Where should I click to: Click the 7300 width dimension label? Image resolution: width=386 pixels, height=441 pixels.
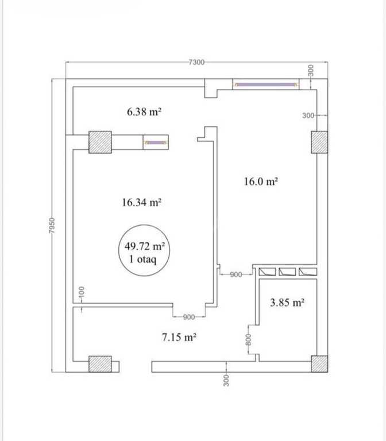[196, 62]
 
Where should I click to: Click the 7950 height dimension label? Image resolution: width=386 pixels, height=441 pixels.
[52, 225]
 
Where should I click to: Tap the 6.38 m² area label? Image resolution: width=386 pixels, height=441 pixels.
[144, 111]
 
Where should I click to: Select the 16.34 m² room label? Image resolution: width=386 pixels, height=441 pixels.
[141, 202]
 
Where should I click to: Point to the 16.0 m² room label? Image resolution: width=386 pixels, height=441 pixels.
[261, 181]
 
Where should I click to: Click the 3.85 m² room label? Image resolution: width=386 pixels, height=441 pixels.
[287, 303]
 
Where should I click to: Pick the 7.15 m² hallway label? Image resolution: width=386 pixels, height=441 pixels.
[179, 336]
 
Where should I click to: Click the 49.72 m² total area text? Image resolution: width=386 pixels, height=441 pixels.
[145, 246]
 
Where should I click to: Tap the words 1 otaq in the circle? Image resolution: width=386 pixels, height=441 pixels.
[142, 259]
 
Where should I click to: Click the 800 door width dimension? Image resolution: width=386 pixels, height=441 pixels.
[248, 339]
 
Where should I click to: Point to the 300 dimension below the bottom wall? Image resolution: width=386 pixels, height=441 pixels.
[226, 380]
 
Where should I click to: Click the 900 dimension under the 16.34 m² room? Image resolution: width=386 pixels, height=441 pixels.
[189, 317]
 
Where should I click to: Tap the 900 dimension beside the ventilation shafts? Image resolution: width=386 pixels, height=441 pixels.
[236, 274]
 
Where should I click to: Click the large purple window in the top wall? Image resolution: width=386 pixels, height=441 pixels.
[266, 84]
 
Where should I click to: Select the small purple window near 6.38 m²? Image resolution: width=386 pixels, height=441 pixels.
[156, 142]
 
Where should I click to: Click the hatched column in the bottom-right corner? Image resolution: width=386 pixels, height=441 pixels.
[319, 364]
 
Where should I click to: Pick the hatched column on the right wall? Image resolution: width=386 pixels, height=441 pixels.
[319, 142]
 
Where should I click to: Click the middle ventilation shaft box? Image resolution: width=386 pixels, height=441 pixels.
[287, 272]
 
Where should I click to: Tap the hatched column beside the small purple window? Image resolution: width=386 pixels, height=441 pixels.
[100, 142]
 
